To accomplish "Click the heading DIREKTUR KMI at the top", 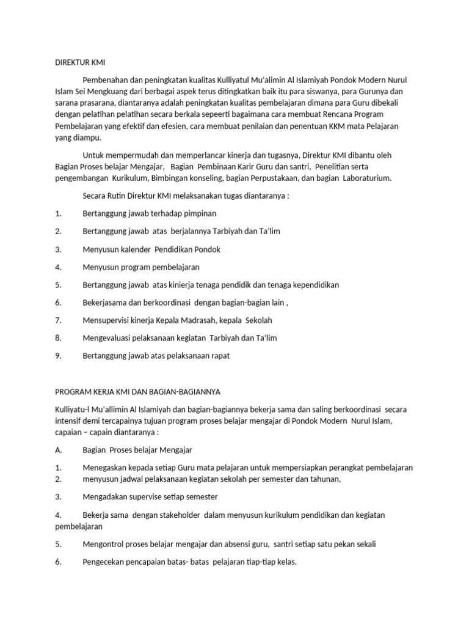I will (80, 62).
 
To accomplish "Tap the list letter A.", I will (59, 450).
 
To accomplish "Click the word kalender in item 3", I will (133, 249).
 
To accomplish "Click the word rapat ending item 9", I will (220, 356).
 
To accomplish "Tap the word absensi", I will (231, 543).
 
